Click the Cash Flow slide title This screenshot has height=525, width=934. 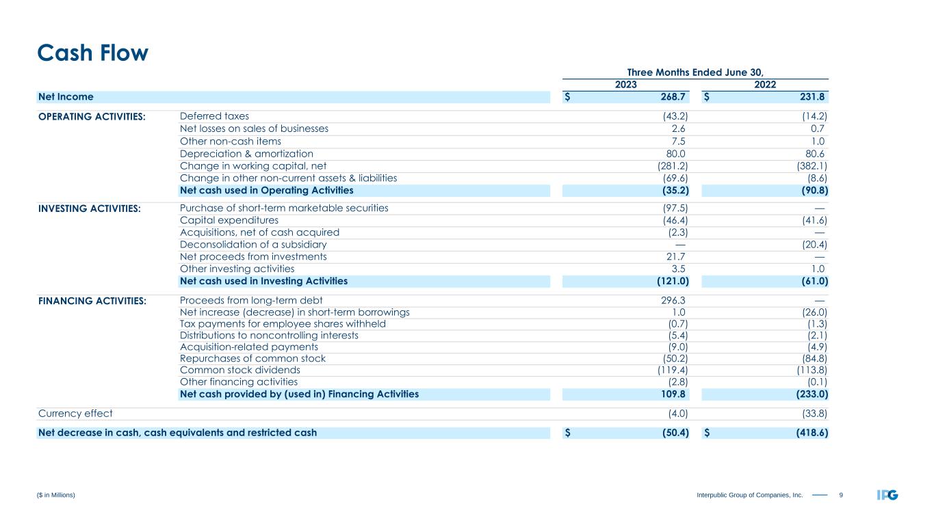pyautogui.click(x=92, y=53)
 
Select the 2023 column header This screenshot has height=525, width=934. pyautogui.click(x=625, y=85)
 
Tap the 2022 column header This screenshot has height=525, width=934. pyautogui.click(x=765, y=85)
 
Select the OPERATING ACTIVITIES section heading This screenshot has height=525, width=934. pyautogui.click(x=92, y=116)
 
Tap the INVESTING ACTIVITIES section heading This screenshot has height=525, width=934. pyautogui.click(x=90, y=208)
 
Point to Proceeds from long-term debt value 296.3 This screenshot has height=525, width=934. pyautogui.click(x=671, y=301)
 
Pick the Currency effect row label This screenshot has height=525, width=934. pyautogui.click(x=75, y=413)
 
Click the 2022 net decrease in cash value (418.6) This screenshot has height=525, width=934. pyautogui.click(x=805, y=432)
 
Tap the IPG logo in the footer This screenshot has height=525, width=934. pyautogui.click(x=887, y=494)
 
